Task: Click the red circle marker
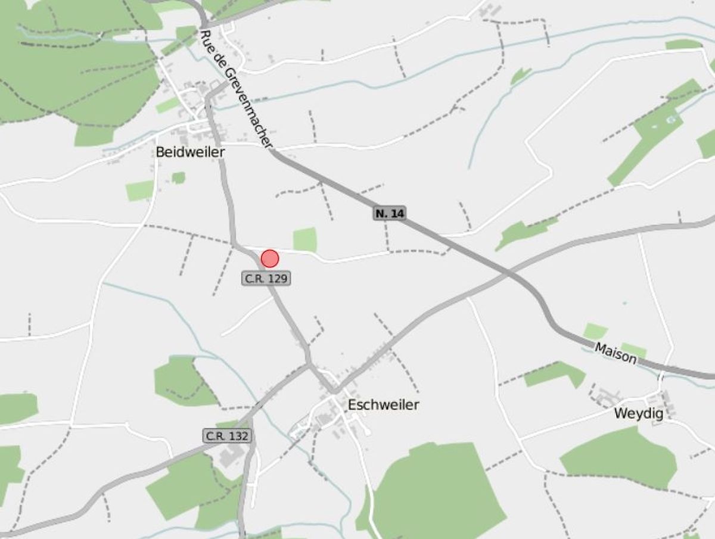pos(270,258)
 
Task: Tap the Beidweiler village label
pos(190,152)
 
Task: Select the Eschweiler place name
pos(383,405)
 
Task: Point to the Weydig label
pos(639,414)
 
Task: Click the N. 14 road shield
pos(390,213)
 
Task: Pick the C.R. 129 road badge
pos(266,278)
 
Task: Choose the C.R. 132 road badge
pos(226,436)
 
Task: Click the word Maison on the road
pos(615,354)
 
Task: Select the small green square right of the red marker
pos(304,239)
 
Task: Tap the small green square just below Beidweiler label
pos(178,177)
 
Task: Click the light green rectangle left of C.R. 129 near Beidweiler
pos(139,191)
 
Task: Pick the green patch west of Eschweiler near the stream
pos(182,381)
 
